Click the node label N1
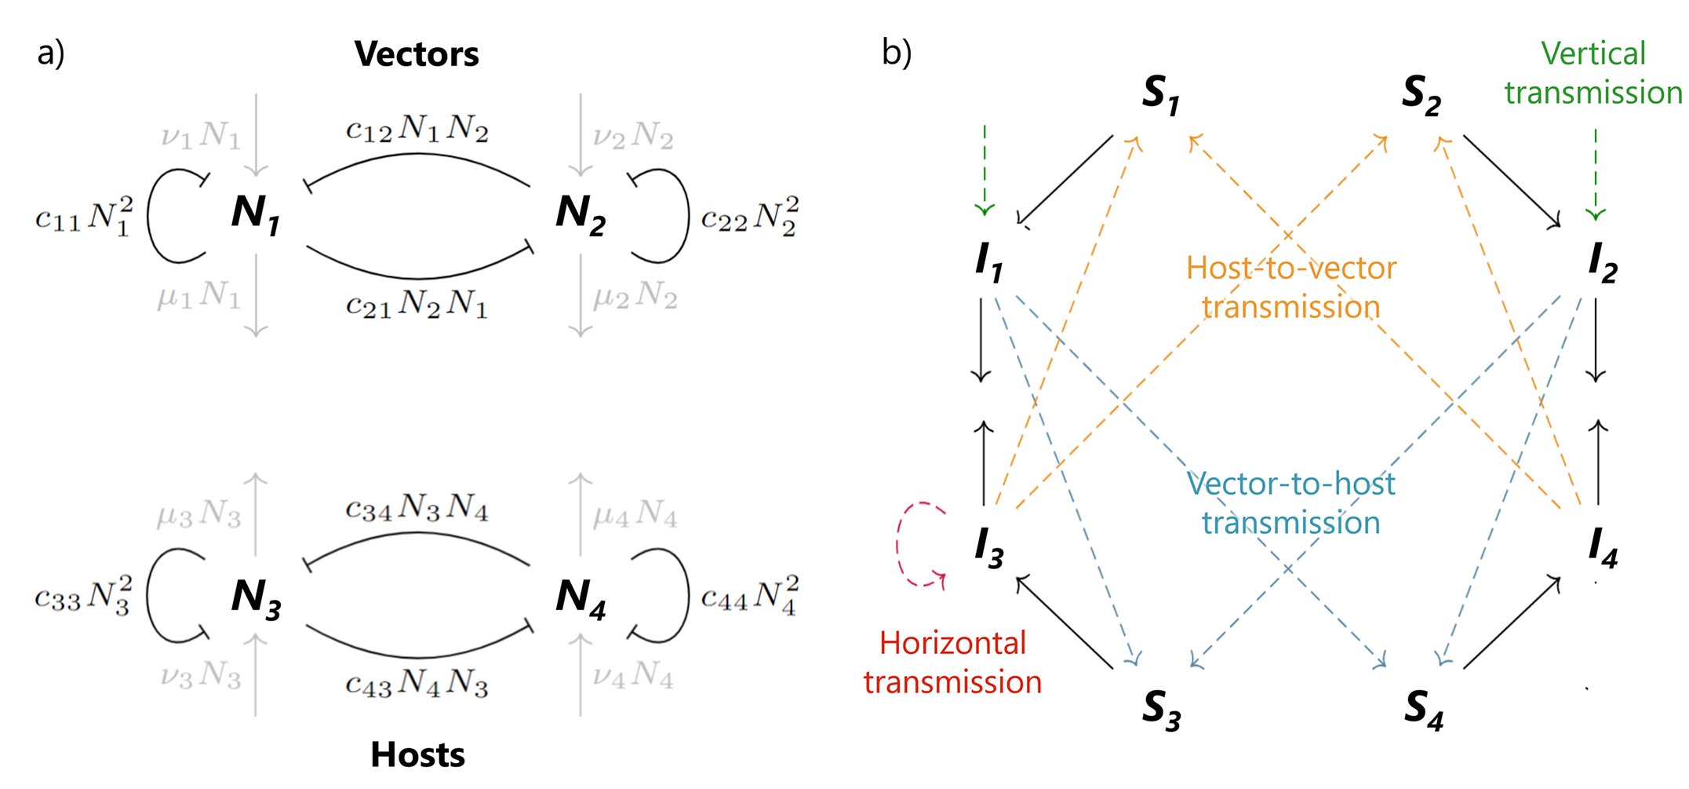(x=255, y=214)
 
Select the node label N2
(x=580, y=214)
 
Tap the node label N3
(x=256, y=597)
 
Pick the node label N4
(x=580, y=597)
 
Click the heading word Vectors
(x=416, y=54)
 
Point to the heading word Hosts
(x=417, y=754)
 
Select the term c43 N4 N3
(x=417, y=684)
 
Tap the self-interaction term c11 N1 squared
(x=84, y=216)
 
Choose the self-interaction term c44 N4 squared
(x=749, y=594)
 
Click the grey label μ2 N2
(x=635, y=296)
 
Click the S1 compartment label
(x=1160, y=95)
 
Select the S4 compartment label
(x=1423, y=709)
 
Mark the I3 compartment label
(x=988, y=546)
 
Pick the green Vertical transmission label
(x=1593, y=73)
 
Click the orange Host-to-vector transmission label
(x=1290, y=287)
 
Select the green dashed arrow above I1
(x=985, y=169)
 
